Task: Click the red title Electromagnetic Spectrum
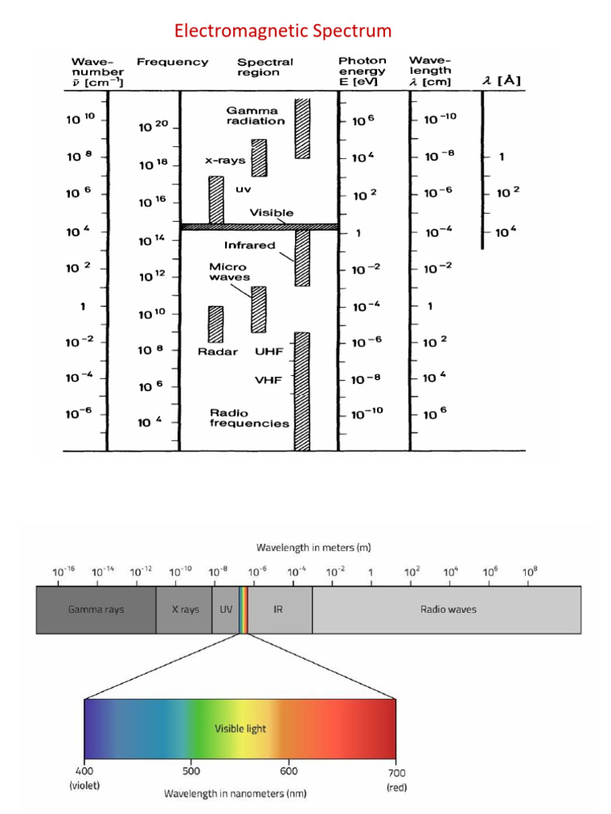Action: coord(283,32)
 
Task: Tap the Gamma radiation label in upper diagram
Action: coord(255,115)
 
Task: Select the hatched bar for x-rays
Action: coord(259,157)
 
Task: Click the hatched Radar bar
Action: coord(216,324)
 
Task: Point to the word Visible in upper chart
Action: coord(271,212)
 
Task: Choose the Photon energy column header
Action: coord(363,71)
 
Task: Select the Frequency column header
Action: coord(172,62)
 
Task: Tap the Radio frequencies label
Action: coord(249,418)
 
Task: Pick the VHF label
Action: coord(269,380)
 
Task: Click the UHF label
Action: coord(269,351)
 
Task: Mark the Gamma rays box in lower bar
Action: coord(95,610)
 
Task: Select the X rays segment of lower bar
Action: coord(185,610)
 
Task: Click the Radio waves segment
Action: coord(448,610)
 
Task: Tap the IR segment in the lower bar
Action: coord(278,610)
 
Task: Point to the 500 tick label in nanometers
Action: coord(190,770)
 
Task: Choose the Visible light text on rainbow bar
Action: coord(239,728)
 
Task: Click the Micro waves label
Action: coord(229,272)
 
